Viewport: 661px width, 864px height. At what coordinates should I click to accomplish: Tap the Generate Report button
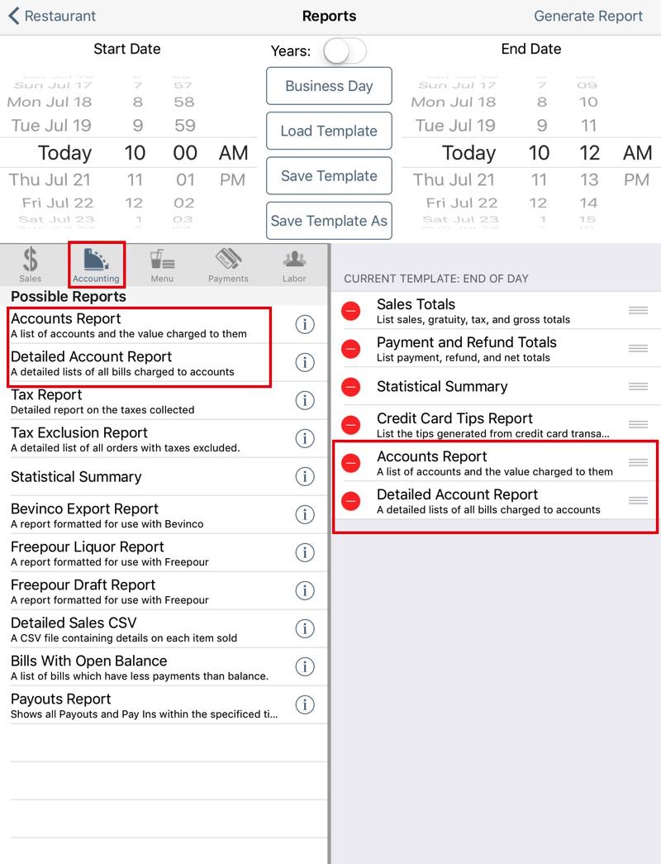(587, 16)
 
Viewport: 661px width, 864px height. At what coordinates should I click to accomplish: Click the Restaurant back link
(52, 16)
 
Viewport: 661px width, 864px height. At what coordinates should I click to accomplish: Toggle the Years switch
(344, 51)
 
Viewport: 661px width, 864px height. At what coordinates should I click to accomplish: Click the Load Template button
(329, 131)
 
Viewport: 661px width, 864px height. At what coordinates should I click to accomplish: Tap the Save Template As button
(329, 221)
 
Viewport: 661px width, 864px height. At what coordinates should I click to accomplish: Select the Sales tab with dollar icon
(31, 265)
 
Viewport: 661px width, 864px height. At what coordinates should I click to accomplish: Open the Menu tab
(162, 265)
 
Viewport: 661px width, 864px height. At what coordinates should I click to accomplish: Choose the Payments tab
(228, 265)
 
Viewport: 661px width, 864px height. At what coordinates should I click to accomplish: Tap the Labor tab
(294, 265)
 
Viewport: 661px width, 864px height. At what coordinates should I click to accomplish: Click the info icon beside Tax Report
(305, 400)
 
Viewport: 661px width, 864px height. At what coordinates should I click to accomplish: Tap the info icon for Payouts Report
(305, 704)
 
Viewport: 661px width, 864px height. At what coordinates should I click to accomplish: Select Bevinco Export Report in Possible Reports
(84, 509)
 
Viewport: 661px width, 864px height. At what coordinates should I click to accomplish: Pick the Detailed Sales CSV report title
(74, 623)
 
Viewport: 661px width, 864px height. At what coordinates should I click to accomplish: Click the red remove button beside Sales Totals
(351, 311)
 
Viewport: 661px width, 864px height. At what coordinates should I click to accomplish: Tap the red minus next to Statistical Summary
(351, 387)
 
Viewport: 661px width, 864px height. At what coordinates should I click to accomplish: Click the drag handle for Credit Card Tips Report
(638, 424)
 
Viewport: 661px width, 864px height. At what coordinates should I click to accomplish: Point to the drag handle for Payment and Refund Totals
(638, 348)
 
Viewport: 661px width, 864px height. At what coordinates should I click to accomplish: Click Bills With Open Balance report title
(88, 661)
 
